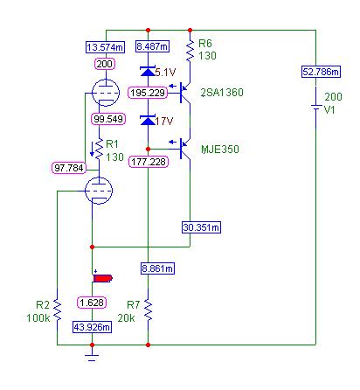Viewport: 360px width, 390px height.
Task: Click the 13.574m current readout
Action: pyautogui.click(x=106, y=47)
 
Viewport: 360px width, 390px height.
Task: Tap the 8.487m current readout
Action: pyautogui.click(x=152, y=46)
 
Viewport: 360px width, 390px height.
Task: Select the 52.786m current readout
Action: pyautogui.click(x=321, y=72)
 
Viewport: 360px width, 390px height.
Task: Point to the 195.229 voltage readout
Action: pyautogui.click(x=148, y=93)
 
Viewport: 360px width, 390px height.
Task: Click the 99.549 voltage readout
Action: pyautogui.click(x=108, y=119)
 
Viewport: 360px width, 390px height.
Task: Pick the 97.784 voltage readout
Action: pyautogui.click(x=69, y=168)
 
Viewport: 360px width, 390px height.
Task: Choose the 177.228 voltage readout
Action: pyautogui.click(x=149, y=162)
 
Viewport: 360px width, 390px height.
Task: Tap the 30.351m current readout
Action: pyautogui.click(x=201, y=227)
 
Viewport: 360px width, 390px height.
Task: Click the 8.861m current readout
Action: pyautogui.click(x=157, y=268)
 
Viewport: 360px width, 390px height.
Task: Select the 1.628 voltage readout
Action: pyautogui.click(x=92, y=303)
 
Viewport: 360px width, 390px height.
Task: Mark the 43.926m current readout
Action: pyautogui.click(x=92, y=327)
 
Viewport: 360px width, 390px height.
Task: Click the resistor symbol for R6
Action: pyautogui.click(x=190, y=51)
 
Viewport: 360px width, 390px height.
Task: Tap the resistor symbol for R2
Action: pyautogui.click(x=57, y=310)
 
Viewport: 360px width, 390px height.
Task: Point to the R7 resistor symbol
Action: pyautogui.click(x=148, y=310)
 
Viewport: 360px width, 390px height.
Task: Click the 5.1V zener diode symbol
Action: pyautogui.click(x=148, y=72)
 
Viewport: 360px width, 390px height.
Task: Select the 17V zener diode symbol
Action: pyautogui.click(x=148, y=120)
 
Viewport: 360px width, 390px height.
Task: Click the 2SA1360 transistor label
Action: pyautogui.click(x=222, y=93)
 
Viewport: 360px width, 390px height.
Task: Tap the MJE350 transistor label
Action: pyautogui.click(x=220, y=150)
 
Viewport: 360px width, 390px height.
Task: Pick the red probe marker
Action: pyautogui.click(x=102, y=278)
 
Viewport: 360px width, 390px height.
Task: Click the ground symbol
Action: pyautogui.click(x=92, y=358)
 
